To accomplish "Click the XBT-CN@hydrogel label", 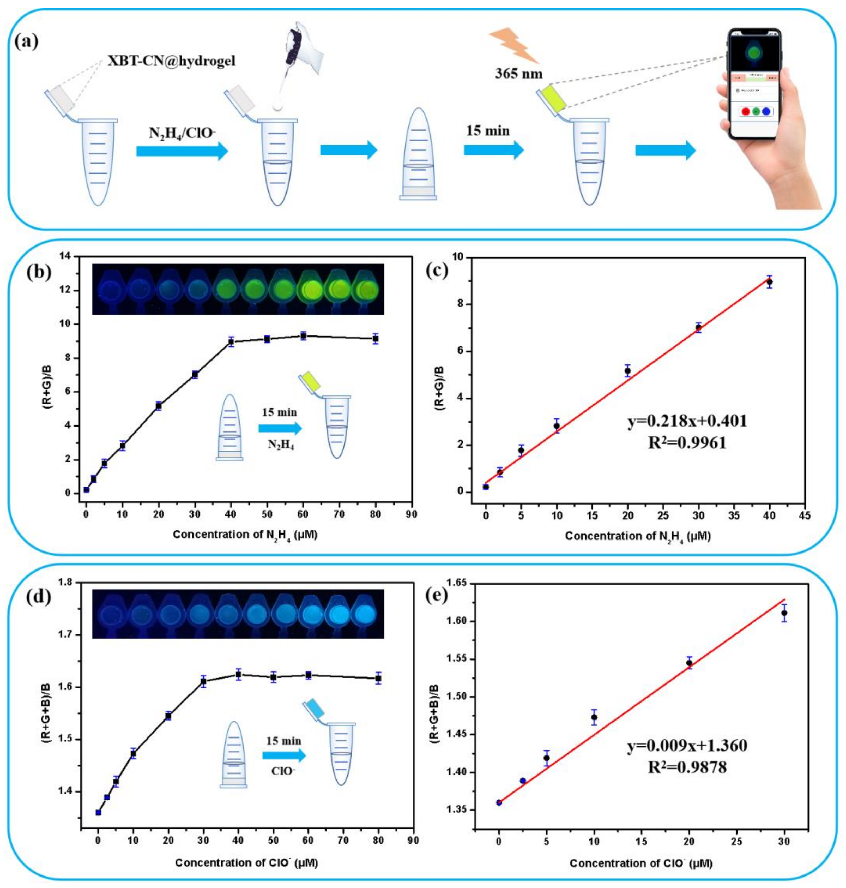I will (171, 61).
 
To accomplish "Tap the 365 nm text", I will (519, 73).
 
